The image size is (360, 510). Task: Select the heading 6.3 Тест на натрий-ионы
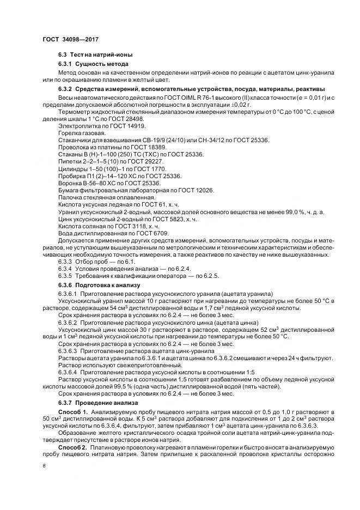click(x=95, y=55)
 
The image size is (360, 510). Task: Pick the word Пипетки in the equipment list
click(x=71, y=161)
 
